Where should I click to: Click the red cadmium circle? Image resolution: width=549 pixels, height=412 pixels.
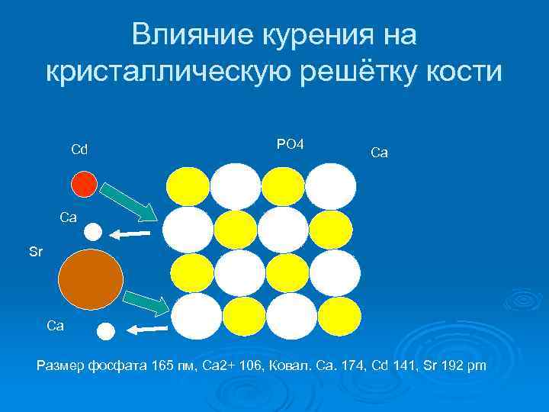tap(85, 184)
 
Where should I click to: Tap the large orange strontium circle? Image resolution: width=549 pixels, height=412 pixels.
tap(91, 280)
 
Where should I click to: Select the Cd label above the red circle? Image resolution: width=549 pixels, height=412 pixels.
tap(79, 148)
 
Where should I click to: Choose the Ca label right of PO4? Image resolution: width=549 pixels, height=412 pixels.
tap(379, 153)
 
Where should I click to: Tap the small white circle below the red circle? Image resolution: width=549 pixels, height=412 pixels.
tap(92, 232)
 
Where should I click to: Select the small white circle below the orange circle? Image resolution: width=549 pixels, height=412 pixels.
tap(106, 330)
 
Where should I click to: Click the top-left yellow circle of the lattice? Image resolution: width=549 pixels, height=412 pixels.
tap(187, 185)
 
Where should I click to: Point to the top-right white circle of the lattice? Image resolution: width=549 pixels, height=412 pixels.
tap(331, 185)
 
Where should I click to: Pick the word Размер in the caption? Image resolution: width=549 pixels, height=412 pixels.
tap(61, 368)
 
